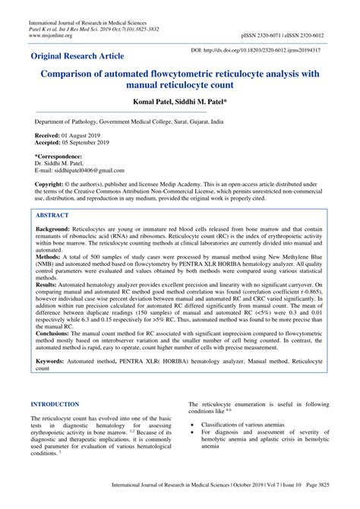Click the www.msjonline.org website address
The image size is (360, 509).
click(50, 35)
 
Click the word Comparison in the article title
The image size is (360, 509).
click(80, 77)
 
